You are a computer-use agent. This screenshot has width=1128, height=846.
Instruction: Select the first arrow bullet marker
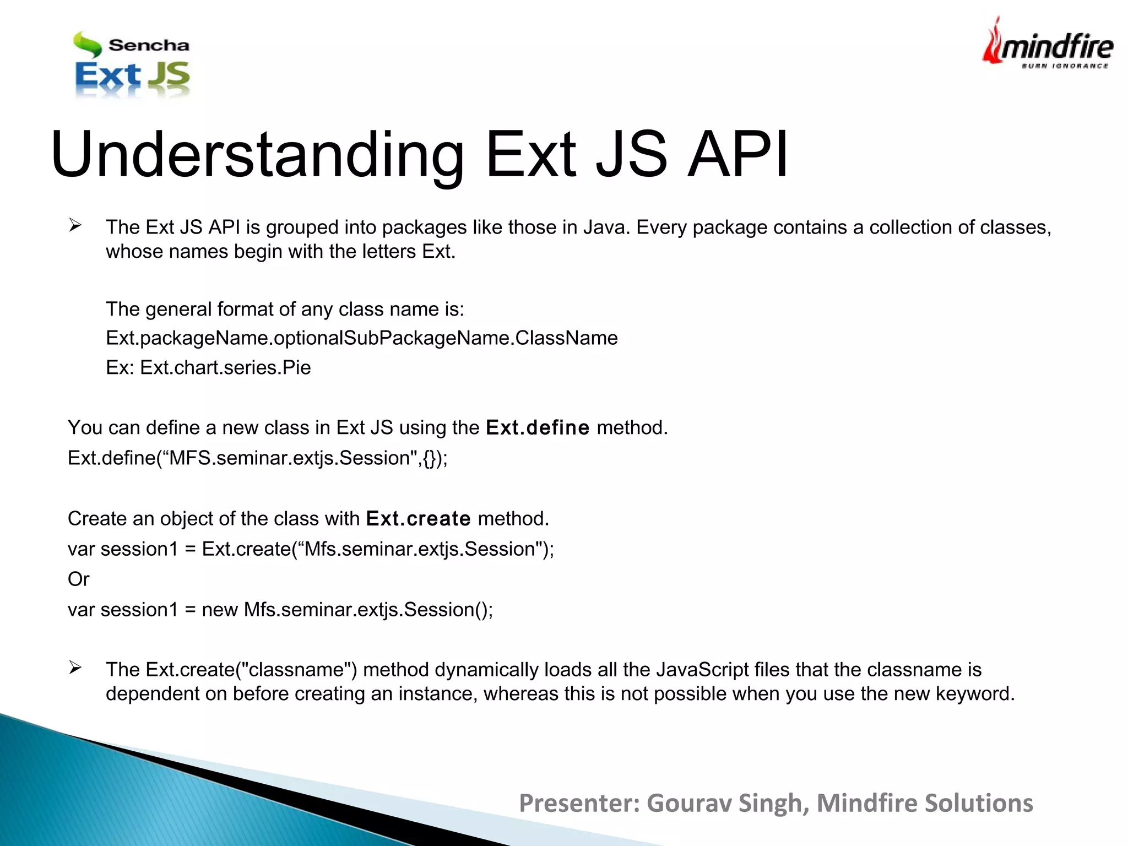75,225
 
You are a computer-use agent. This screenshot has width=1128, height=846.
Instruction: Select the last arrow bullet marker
75,668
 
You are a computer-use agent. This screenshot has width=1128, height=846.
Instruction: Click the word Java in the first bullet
605,227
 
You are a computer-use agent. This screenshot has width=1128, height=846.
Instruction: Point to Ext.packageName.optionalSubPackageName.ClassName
362,338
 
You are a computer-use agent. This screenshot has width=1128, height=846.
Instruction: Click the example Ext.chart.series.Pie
225,367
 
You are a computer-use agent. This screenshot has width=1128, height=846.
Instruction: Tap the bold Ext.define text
538,428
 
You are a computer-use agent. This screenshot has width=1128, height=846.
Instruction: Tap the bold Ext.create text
418,519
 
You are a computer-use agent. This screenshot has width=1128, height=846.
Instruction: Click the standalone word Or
78,579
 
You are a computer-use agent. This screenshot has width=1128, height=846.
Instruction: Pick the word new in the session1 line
220,610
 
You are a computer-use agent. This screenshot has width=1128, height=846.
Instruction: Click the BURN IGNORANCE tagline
1065,66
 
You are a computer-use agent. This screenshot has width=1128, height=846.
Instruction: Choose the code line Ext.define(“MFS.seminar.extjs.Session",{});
258,458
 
